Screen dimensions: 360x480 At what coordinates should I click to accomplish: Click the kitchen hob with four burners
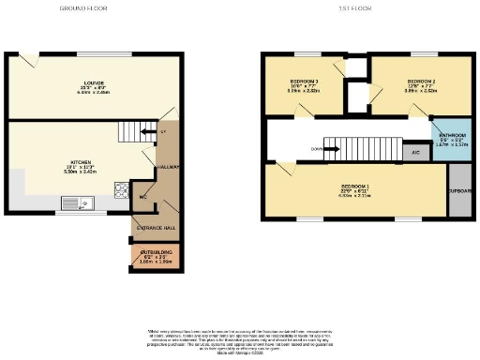click(x=121, y=191)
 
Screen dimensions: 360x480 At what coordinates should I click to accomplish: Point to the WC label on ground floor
click(x=143, y=198)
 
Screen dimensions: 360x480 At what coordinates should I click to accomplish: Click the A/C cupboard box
click(x=413, y=151)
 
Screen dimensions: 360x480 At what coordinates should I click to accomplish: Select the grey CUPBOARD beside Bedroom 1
click(x=459, y=190)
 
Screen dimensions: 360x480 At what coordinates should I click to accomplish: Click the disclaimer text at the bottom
click(x=240, y=339)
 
